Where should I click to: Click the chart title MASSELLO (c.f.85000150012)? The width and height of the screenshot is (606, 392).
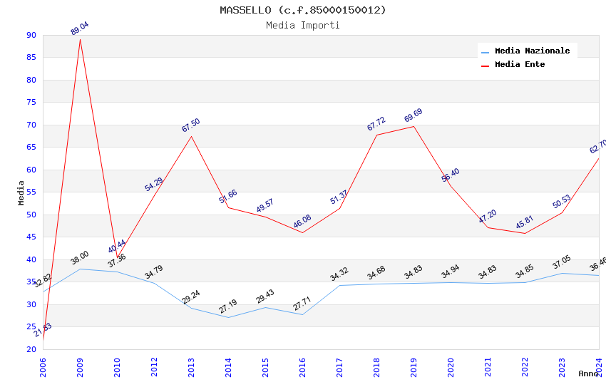(303, 10)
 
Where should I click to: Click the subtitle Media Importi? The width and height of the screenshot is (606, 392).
(303, 25)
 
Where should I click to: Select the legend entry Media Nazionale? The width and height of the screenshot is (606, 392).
(532, 51)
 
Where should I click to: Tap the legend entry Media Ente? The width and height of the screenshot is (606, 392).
(520, 64)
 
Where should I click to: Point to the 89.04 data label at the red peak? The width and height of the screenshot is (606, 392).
(80, 29)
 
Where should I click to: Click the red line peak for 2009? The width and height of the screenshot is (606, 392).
(80, 39)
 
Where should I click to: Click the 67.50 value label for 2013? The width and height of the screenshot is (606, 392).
(191, 125)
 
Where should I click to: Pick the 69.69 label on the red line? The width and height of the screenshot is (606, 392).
(414, 115)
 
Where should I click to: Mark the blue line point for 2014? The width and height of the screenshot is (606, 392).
(228, 317)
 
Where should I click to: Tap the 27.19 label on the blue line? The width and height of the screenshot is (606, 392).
(228, 306)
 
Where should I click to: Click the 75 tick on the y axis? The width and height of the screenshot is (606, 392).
(31, 103)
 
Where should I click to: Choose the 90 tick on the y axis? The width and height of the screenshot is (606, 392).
(31, 35)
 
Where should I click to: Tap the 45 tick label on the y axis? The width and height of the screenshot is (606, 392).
(31, 237)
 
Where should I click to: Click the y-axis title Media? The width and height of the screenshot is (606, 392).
(21, 192)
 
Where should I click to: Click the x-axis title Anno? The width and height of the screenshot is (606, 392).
(588, 373)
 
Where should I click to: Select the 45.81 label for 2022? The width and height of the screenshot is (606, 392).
(525, 222)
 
